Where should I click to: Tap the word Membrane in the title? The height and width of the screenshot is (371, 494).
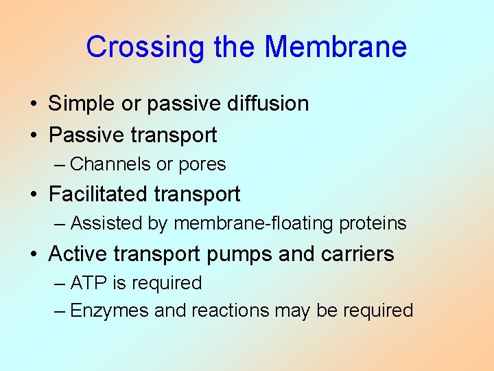point(336,47)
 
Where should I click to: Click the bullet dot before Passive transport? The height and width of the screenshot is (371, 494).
point(33,136)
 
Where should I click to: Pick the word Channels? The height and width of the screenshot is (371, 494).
point(110,164)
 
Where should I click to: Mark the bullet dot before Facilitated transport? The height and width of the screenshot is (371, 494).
point(33,195)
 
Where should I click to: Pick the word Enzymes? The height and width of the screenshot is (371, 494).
point(110,311)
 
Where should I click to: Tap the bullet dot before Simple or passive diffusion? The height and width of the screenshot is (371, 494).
point(33,104)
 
